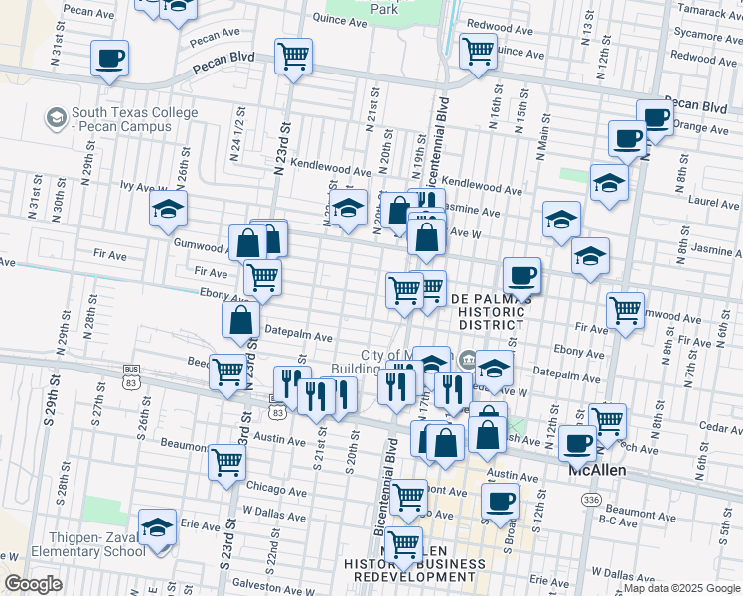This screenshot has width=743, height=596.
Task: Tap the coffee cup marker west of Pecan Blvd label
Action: pos(110,58)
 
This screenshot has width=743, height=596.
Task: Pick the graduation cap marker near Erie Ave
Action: pos(157,528)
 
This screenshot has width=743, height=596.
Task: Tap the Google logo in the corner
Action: pos(33,584)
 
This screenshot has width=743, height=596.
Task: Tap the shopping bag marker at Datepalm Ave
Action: pos(240,320)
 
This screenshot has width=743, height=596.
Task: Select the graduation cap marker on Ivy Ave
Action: pos(168,209)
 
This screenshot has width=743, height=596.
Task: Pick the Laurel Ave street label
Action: pos(713,202)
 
